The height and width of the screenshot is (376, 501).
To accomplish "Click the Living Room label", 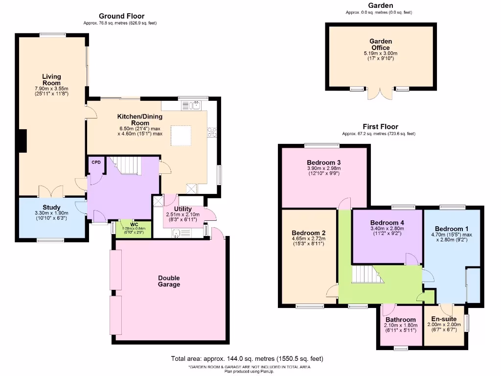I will coord(51,80).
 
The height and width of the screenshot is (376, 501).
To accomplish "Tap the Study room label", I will coord(51,208).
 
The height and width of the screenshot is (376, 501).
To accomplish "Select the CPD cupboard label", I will coord(96,163).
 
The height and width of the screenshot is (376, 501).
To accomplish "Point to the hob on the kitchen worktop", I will coord(213,132).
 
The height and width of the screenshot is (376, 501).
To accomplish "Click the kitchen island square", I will coord(181,135).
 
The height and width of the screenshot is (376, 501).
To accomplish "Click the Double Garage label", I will coord(169,281).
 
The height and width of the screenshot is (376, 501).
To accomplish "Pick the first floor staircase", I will coord(364,274).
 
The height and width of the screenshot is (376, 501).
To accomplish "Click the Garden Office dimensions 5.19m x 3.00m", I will coord(381,53).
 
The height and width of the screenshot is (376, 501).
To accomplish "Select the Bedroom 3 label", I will coord(323,163).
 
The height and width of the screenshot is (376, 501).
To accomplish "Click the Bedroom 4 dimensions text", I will coord(387,232).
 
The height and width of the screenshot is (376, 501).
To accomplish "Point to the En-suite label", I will coord(442,319).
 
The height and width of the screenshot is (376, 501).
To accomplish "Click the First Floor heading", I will coord(380,126).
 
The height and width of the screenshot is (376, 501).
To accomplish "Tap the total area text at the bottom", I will coord(247,359).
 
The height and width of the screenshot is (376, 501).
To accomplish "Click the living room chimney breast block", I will coord(22,141).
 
